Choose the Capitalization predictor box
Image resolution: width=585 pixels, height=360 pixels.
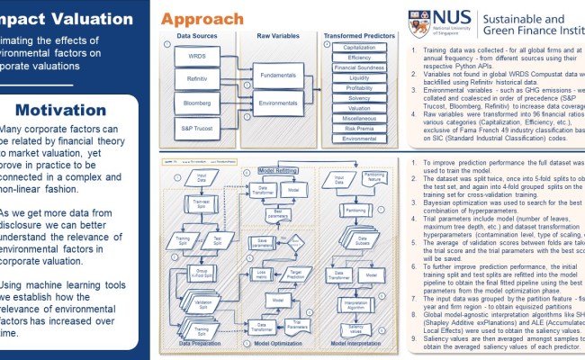[360, 46]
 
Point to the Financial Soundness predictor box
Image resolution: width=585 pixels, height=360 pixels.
[360, 67]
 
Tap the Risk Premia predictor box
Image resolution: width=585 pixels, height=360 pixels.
[360, 129]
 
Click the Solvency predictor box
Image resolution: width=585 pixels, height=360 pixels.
[360, 98]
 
